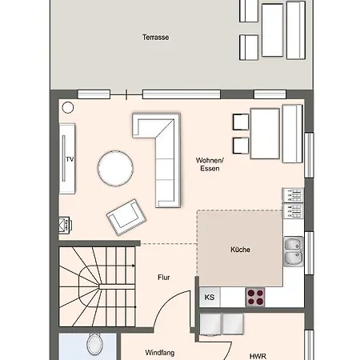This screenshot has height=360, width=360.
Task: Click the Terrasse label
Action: click(x=155, y=38)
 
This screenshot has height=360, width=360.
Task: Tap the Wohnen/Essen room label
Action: click(x=210, y=164)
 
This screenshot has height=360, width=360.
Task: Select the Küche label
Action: click(x=240, y=250)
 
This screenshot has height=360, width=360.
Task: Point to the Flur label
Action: click(x=164, y=278)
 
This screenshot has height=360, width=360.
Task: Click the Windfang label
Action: click(x=160, y=353)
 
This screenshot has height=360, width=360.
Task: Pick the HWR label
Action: click(x=258, y=356)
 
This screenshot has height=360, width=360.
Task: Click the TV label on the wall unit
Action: click(x=70, y=159)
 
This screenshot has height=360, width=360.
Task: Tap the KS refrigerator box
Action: click(x=210, y=297)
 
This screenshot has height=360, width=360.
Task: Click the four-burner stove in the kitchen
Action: click(x=255, y=297)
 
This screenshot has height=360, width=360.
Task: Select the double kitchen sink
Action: click(x=294, y=251)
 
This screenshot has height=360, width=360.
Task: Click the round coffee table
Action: click(x=115, y=168)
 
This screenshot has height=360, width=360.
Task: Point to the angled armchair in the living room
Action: click(x=126, y=217)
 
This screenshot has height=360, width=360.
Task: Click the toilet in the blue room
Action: click(x=94, y=344)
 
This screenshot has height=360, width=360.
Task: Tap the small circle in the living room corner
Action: click(x=68, y=108)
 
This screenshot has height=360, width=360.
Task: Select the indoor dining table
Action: click(x=265, y=134)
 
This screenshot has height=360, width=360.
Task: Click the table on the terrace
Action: click(x=272, y=30)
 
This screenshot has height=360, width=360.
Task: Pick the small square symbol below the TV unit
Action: click(x=64, y=226)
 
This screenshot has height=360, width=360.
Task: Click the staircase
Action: click(x=97, y=286)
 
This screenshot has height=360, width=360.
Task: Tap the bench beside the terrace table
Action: click(x=296, y=30)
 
